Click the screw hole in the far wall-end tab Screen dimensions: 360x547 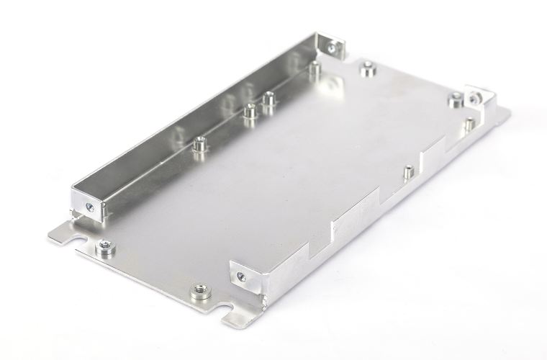(331, 48)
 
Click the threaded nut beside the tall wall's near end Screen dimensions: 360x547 (104, 248)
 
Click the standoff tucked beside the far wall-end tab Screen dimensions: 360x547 (314, 70)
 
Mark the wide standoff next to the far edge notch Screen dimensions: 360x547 (368, 69)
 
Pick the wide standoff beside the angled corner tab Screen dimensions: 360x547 (455, 99)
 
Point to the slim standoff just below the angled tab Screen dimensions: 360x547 (469, 122)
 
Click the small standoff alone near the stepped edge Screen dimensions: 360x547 (407, 171)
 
